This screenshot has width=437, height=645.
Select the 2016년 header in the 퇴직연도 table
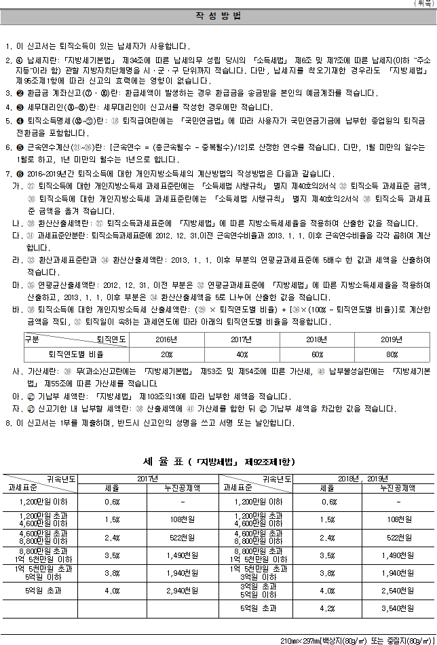[166, 339]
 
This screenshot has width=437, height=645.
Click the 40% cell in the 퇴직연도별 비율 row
[240, 354]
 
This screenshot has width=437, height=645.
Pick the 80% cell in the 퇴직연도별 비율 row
[391, 354]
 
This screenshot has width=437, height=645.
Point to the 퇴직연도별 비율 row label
[75, 354]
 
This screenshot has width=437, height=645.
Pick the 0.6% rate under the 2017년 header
[112, 502]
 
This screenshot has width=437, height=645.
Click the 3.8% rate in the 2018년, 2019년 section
[328, 572]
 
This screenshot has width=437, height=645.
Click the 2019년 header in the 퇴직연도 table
[391, 339]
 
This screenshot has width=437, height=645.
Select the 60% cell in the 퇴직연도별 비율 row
[316, 354]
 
